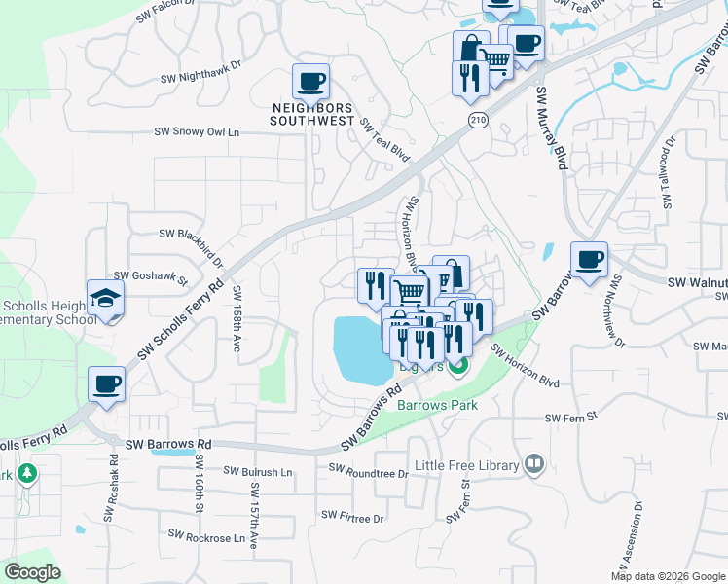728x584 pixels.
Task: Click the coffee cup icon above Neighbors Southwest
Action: coord(310,82)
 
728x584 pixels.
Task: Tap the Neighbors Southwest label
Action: coord(311,114)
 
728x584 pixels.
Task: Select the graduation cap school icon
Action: coord(106,299)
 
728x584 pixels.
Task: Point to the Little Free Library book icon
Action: coord(533,464)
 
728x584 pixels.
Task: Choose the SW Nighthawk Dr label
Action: coord(200,78)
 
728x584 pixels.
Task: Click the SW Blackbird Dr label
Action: coord(191,235)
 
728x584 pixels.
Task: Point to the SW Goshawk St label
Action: coord(151,277)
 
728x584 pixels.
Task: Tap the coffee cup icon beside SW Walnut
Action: coord(589,260)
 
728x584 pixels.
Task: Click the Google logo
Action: coord(33,572)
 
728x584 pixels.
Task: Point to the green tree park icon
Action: coord(26,474)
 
